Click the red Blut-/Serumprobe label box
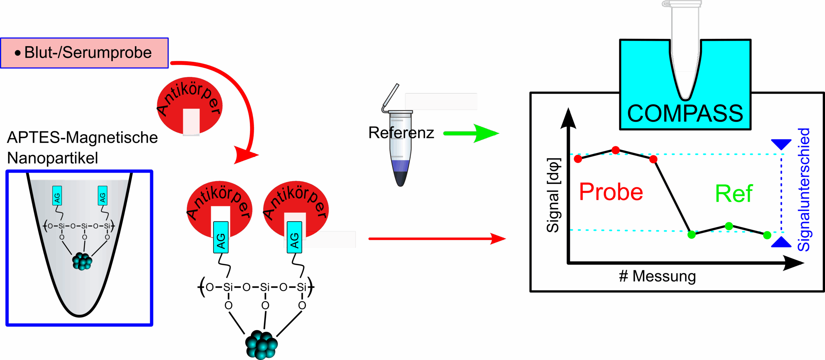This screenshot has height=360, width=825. [84, 53]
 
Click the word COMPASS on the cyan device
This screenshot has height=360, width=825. [685, 113]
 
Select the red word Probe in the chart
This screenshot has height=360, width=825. [611, 192]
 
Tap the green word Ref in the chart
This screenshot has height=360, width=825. [734, 194]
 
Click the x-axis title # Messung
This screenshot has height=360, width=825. [657, 276]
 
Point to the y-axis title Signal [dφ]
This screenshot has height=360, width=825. [553, 195]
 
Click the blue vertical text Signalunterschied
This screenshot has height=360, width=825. [804, 190]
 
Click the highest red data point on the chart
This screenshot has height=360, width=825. [616, 150]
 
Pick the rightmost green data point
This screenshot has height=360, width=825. [767, 235]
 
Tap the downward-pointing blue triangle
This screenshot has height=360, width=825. [781, 144]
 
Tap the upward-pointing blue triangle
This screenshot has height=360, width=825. [781, 242]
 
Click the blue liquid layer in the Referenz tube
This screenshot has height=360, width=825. [401, 166]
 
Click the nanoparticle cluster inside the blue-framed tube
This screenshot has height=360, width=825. [82, 261]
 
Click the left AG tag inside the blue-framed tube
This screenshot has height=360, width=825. [57, 196]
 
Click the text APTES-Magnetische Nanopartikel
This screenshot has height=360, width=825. [82, 147]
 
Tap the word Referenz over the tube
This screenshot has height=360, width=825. [401, 133]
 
